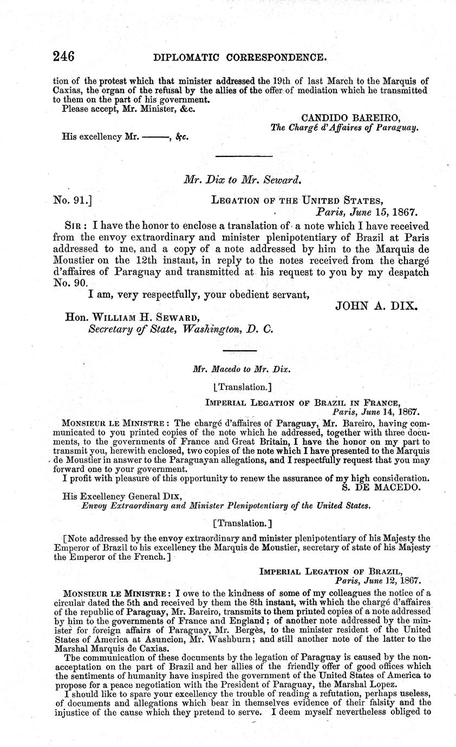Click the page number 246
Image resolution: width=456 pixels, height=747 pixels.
click(63, 57)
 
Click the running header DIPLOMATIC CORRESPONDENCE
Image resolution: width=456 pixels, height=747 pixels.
click(240, 57)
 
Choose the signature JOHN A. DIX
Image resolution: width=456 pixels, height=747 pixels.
click(377, 306)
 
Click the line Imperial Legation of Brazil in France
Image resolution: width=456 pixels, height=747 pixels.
click(303, 402)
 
